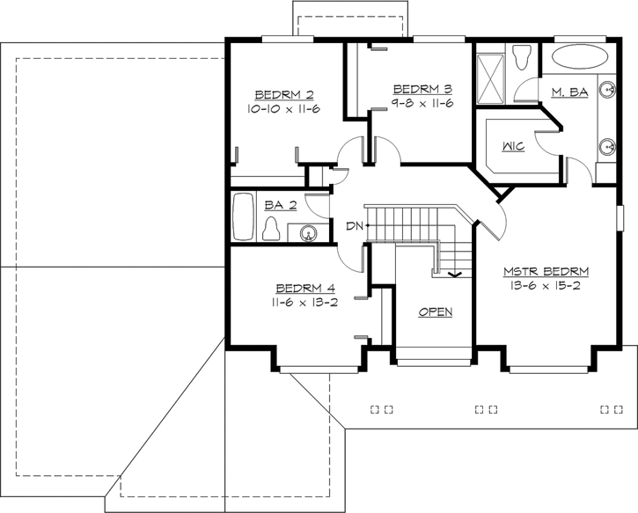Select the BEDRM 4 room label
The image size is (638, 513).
point(304,288)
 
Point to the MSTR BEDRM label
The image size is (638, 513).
point(546,271)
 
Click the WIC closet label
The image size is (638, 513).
point(514,146)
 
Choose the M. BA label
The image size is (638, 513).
point(569,92)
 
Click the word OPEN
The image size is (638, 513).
point(436,312)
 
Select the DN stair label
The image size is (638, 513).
point(354,227)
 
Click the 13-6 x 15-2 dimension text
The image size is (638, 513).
point(546,285)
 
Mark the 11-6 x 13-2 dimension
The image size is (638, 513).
point(304,301)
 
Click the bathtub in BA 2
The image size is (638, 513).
point(243,216)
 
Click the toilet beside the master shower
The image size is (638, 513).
point(521,59)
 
